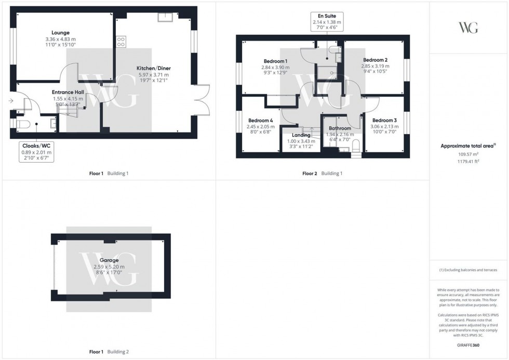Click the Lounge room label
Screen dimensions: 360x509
coord(61,33)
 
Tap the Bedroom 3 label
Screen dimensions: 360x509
coord(384,120)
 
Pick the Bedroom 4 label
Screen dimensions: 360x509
coord(261,120)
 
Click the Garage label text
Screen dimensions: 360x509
coord(109,260)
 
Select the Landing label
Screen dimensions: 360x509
coord(301,135)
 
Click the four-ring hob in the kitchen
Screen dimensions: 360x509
coord(121,41)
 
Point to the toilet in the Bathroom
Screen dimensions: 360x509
coord(356,151)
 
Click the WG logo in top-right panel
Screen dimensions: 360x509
coord(468,28)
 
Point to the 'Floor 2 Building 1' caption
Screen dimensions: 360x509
coord(323,173)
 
